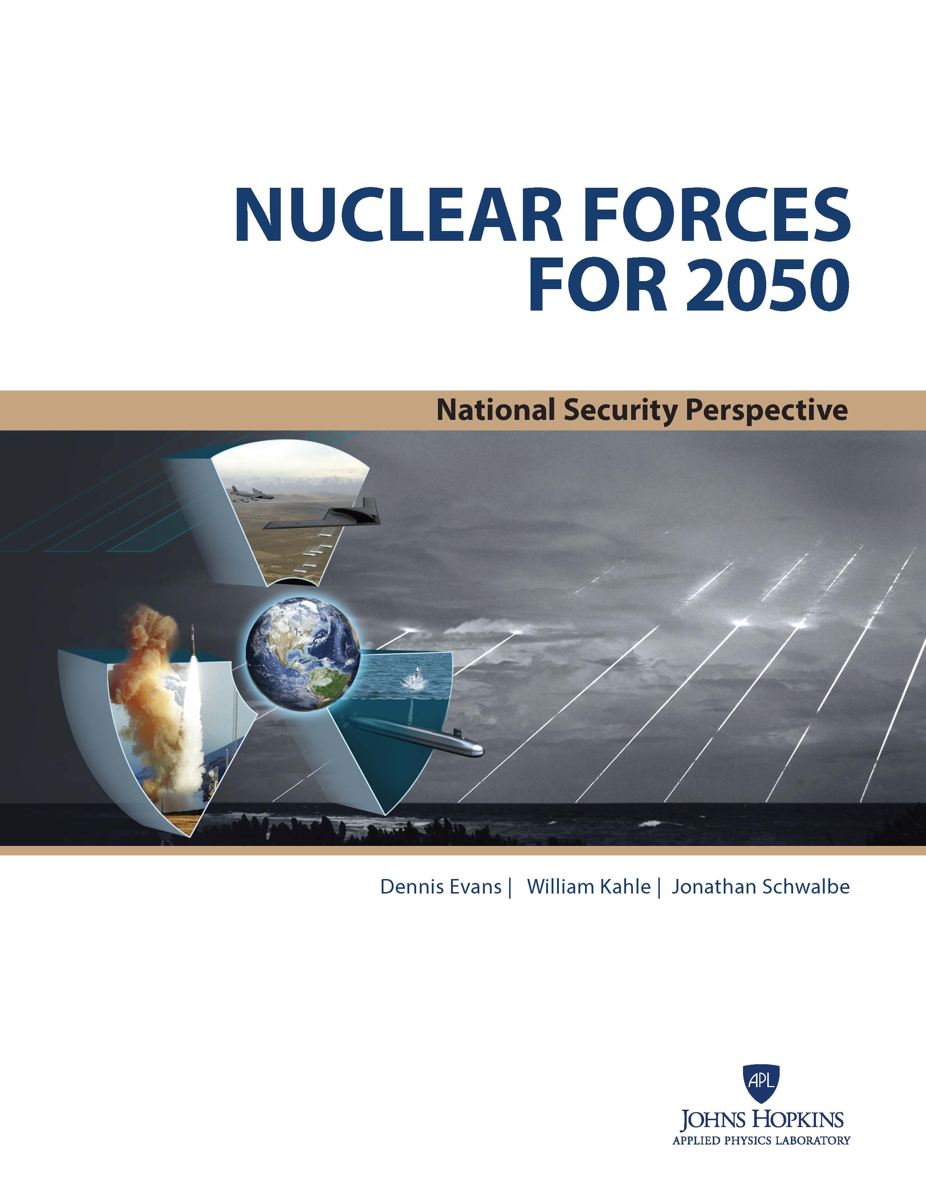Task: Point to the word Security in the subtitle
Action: (x=615, y=411)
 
